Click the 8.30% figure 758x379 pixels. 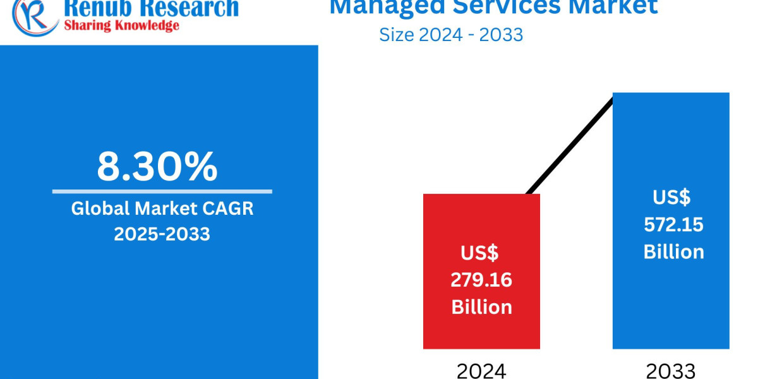click(x=157, y=166)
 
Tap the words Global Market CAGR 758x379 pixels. click(x=162, y=208)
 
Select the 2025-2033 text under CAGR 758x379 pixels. click(x=162, y=234)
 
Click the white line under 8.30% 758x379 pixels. click(x=162, y=191)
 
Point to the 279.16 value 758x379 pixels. click(x=481, y=280)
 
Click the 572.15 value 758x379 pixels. click(x=673, y=224)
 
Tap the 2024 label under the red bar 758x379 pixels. click(x=481, y=370)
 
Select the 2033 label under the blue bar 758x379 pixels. click(x=671, y=370)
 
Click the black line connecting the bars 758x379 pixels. click(x=568, y=145)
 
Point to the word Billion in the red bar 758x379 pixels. click(x=481, y=307)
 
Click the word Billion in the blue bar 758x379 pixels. click(x=673, y=251)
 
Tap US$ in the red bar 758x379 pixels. click(x=479, y=253)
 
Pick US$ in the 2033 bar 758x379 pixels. click(x=671, y=197)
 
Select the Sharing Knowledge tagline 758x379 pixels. click(x=121, y=25)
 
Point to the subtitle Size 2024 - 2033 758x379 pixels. click(x=451, y=34)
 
